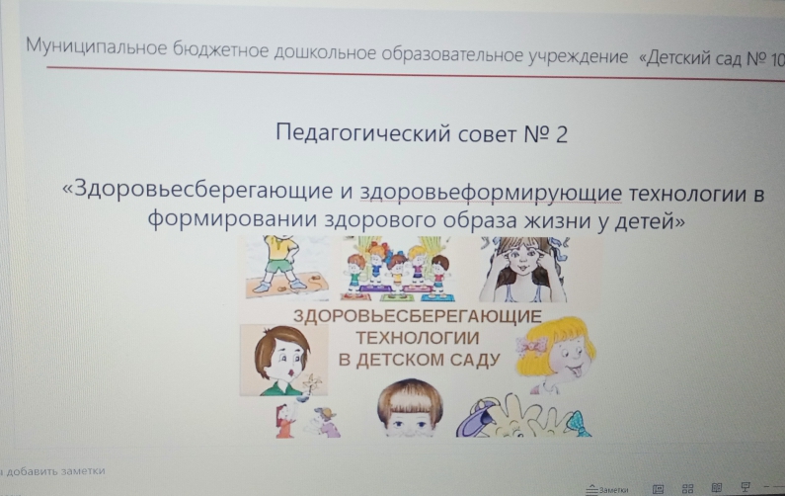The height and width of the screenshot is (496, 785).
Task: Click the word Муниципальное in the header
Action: [x=96, y=47]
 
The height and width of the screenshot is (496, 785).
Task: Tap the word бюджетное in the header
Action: [x=220, y=51]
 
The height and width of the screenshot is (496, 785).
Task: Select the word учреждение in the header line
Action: [x=578, y=56]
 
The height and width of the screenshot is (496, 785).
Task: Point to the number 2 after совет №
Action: [x=561, y=134]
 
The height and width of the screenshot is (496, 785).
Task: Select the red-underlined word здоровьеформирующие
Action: [x=491, y=193]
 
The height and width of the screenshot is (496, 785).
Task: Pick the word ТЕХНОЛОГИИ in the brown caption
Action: [x=418, y=338]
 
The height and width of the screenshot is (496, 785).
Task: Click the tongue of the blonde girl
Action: [x=576, y=372]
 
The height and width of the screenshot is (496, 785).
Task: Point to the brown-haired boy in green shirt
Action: [x=283, y=360]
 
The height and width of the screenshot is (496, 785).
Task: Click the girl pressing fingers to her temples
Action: [x=523, y=269]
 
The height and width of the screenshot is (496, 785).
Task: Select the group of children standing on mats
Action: [x=398, y=269]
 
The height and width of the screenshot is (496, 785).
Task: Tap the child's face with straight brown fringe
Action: [x=409, y=408]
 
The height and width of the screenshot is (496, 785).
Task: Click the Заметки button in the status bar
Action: [x=607, y=489]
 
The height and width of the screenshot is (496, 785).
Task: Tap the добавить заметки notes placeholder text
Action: [x=55, y=471]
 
